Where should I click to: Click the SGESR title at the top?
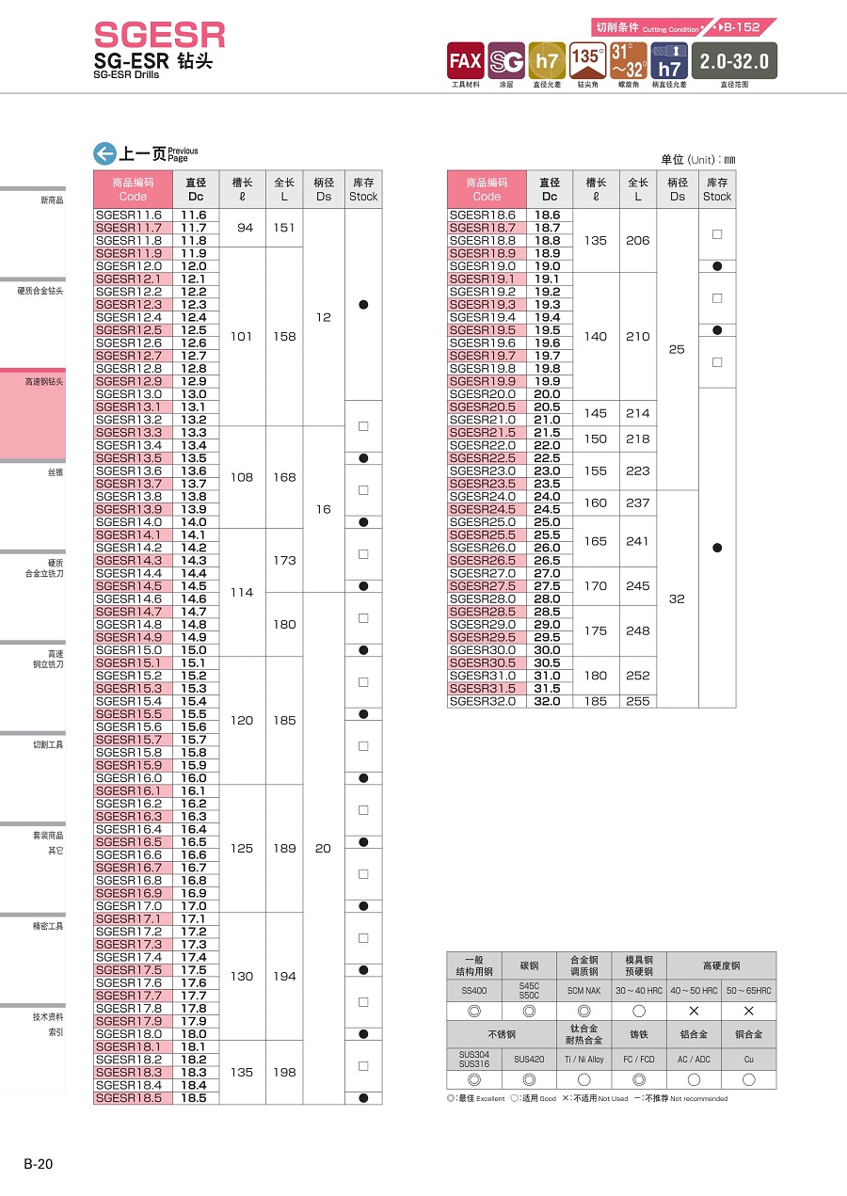click(x=160, y=36)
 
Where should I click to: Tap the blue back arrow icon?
click(x=104, y=153)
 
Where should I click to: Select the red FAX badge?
click(x=465, y=61)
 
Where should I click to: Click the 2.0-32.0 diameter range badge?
click(x=734, y=61)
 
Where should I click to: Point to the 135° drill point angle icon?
click(x=587, y=61)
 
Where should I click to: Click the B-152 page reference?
click(x=743, y=27)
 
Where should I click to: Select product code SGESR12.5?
click(x=129, y=330)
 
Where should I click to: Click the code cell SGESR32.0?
click(x=483, y=701)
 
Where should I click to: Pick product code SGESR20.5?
click(x=483, y=407)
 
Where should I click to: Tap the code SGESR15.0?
click(x=129, y=650)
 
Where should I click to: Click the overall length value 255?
click(x=637, y=701)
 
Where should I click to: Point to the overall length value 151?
click(x=284, y=228)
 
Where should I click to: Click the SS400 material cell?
click(x=474, y=991)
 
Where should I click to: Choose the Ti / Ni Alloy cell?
click(x=583, y=1059)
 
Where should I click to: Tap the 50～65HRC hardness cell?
click(x=748, y=991)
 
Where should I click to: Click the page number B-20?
click(x=39, y=1164)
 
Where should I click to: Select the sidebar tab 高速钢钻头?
click(x=44, y=382)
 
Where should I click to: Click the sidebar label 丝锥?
click(x=56, y=472)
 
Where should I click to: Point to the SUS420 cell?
click(x=529, y=1059)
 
